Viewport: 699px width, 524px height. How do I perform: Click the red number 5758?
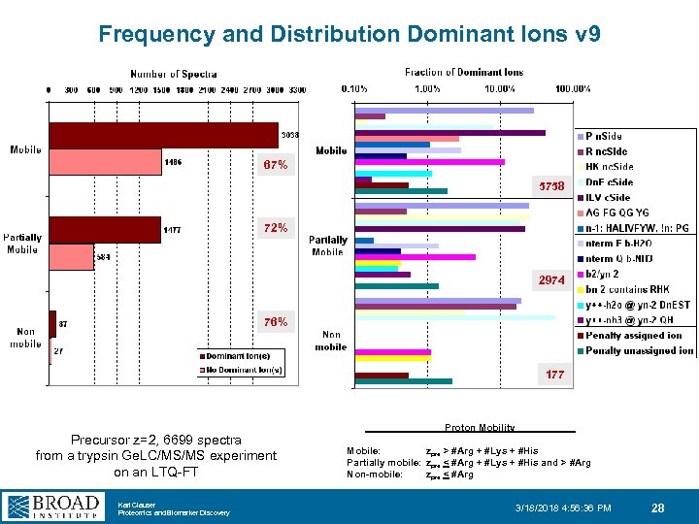[550, 186]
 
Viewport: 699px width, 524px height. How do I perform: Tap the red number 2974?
[550, 279]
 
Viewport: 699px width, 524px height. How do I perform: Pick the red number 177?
[553, 374]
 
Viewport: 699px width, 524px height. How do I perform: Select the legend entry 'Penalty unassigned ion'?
[635, 350]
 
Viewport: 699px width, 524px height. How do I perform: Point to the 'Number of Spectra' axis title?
[174, 74]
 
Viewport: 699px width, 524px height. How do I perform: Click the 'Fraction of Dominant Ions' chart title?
[464, 72]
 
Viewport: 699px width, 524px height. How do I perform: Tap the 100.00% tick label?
[572, 89]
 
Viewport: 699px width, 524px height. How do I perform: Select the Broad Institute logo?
[53, 506]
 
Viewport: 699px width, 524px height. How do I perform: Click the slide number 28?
[657, 508]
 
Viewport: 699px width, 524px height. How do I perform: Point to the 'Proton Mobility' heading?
[480, 428]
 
